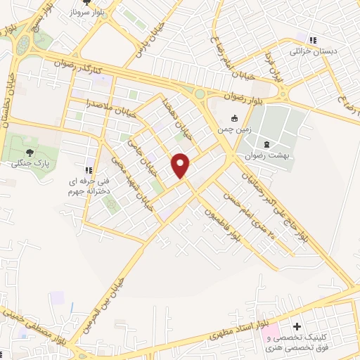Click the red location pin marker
tap(181, 165)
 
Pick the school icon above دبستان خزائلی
tap(314, 40)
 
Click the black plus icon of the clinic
tap(297, 327)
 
